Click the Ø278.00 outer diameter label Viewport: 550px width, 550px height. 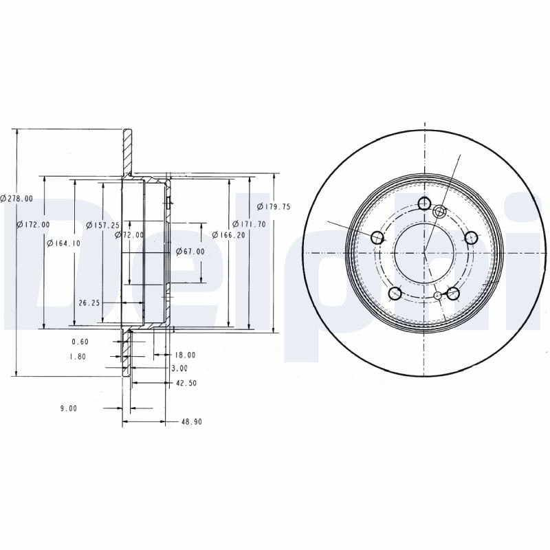click(x=16, y=199)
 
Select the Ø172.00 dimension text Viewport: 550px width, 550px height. click(x=33, y=224)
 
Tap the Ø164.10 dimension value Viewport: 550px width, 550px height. click(x=64, y=243)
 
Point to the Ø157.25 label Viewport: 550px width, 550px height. click(x=102, y=225)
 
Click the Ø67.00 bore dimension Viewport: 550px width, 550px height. click(x=190, y=251)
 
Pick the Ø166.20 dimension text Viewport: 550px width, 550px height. click(x=229, y=234)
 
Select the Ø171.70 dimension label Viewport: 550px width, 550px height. click(x=249, y=224)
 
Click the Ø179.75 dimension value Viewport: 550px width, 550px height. click(x=274, y=207)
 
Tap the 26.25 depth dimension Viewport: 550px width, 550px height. click(x=89, y=302)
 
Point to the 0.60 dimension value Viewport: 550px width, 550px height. click(x=80, y=342)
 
